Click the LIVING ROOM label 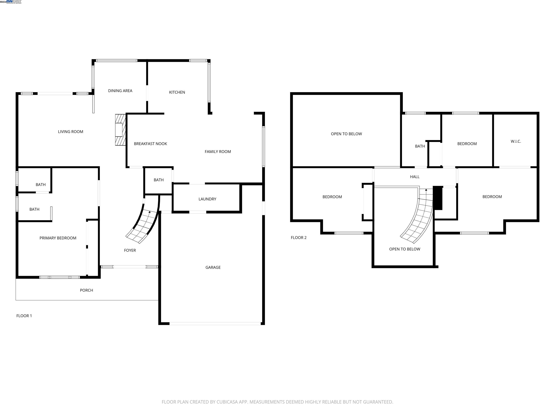click(70, 132)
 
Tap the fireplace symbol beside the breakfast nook click(120, 130)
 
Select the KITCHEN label click(177, 92)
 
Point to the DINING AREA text click(120, 91)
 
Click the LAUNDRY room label click(207, 199)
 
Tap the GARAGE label click(213, 267)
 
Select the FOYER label click(130, 250)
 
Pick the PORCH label click(86, 290)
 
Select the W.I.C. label click(516, 141)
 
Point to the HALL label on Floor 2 click(414, 177)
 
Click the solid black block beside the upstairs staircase click(438, 198)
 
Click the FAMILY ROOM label click(218, 151)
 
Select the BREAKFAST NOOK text click(150, 144)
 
